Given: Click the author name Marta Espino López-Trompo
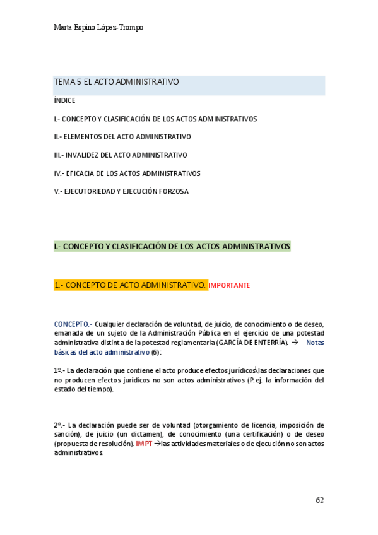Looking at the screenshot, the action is point(99,28).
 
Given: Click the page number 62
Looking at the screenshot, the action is point(319,500).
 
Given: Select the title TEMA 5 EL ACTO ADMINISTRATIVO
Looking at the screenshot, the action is point(116,82).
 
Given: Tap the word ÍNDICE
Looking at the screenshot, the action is point(64,100).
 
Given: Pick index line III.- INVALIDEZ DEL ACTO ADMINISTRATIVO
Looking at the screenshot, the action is point(121,155).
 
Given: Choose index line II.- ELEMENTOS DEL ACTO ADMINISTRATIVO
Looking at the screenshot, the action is point(122,136).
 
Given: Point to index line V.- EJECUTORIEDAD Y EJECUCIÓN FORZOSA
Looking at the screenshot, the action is point(121,191).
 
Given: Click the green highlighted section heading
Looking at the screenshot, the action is point(172,246).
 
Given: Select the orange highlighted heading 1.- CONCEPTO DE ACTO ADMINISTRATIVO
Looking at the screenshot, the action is point(130,285).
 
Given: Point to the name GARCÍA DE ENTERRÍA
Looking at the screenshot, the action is point(252,343).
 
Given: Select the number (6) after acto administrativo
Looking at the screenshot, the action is point(156,352).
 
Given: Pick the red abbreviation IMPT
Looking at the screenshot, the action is point(144,444).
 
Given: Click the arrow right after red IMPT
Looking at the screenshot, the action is point(157,444).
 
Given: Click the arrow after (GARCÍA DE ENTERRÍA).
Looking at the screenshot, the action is point(294,343).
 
